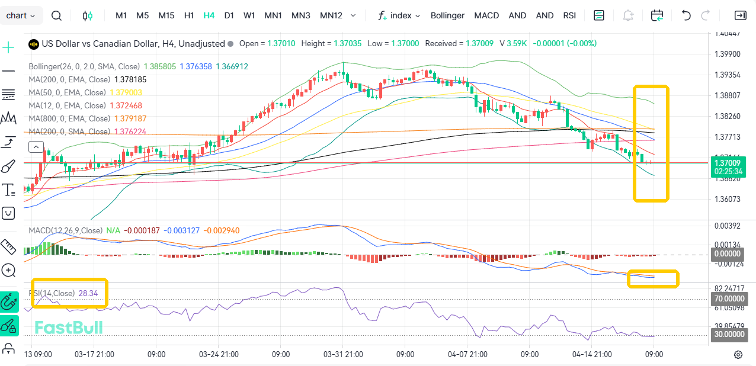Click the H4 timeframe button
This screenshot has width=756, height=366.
pyautogui.click(x=209, y=15)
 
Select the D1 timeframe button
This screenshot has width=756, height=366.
pyautogui.click(x=229, y=15)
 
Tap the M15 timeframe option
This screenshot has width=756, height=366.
pyautogui.click(x=166, y=15)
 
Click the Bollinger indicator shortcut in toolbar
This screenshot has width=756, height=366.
pyautogui.click(x=447, y=15)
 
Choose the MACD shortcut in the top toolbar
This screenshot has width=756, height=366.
pyautogui.click(x=486, y=15)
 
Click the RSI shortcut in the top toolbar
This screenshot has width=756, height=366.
pyautogui.click(x=569, y=15)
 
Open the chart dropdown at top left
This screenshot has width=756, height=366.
pyautogui.click(x=21, y=15)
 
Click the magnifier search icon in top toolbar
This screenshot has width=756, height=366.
pyautogui.click(x=56, y=15)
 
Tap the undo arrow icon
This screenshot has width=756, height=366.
pyautogui.click(x=686, y=15)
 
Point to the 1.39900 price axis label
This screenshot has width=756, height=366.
pyautogui.click(x=728, y=54)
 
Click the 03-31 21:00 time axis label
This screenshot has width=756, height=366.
pyautogui.click(x=343, y=354)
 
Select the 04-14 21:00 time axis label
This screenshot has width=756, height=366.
pyautogui.click(x=592, y=354)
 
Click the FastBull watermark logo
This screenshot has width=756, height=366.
pyautogui.click(x=68, y=328)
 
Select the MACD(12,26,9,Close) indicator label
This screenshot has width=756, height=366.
pyautogui.click(x=65, y=230)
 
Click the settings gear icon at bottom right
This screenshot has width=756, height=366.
pyautogui.click(x=738, y=354)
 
